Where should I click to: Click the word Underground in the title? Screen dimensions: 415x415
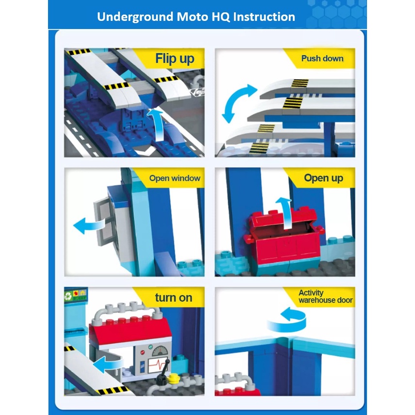coord(135,17)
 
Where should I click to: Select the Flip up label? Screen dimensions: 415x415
coord(175,59)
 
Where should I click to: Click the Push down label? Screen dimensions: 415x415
coord(322,58)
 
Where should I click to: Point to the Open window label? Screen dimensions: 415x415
coord(175,178)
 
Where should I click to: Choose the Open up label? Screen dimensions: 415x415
coord(323,178)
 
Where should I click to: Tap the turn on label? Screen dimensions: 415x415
coord(174,298)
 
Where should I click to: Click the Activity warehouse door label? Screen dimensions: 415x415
coord(325,296)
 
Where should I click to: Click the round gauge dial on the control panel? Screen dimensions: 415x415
coord(160,351)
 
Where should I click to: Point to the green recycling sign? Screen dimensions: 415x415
coord(68,296)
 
